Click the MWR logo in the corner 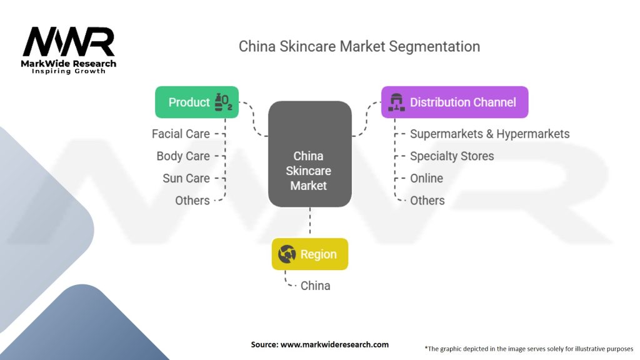pos(69,50)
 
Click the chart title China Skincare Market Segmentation pos(359,46)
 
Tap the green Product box pos(197,102)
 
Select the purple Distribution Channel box pos(455,102)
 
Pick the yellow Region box pos(310,254)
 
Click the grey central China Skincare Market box pos(310,154)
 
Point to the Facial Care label pos(181,134)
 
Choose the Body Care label pos(183,156)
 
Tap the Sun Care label pos(186,178)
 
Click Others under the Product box pos(192,201)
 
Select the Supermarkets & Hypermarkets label pos(490,134)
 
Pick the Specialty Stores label pos(452,156)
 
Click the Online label pos(426,178)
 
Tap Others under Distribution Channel pos(427,201)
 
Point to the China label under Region pos(316,286)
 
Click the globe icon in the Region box pos(287,254)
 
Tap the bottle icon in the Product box pos(223,102)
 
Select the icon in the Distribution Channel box pos(396,102)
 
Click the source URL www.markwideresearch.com pos(334,344)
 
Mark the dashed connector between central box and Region pos(310,221)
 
